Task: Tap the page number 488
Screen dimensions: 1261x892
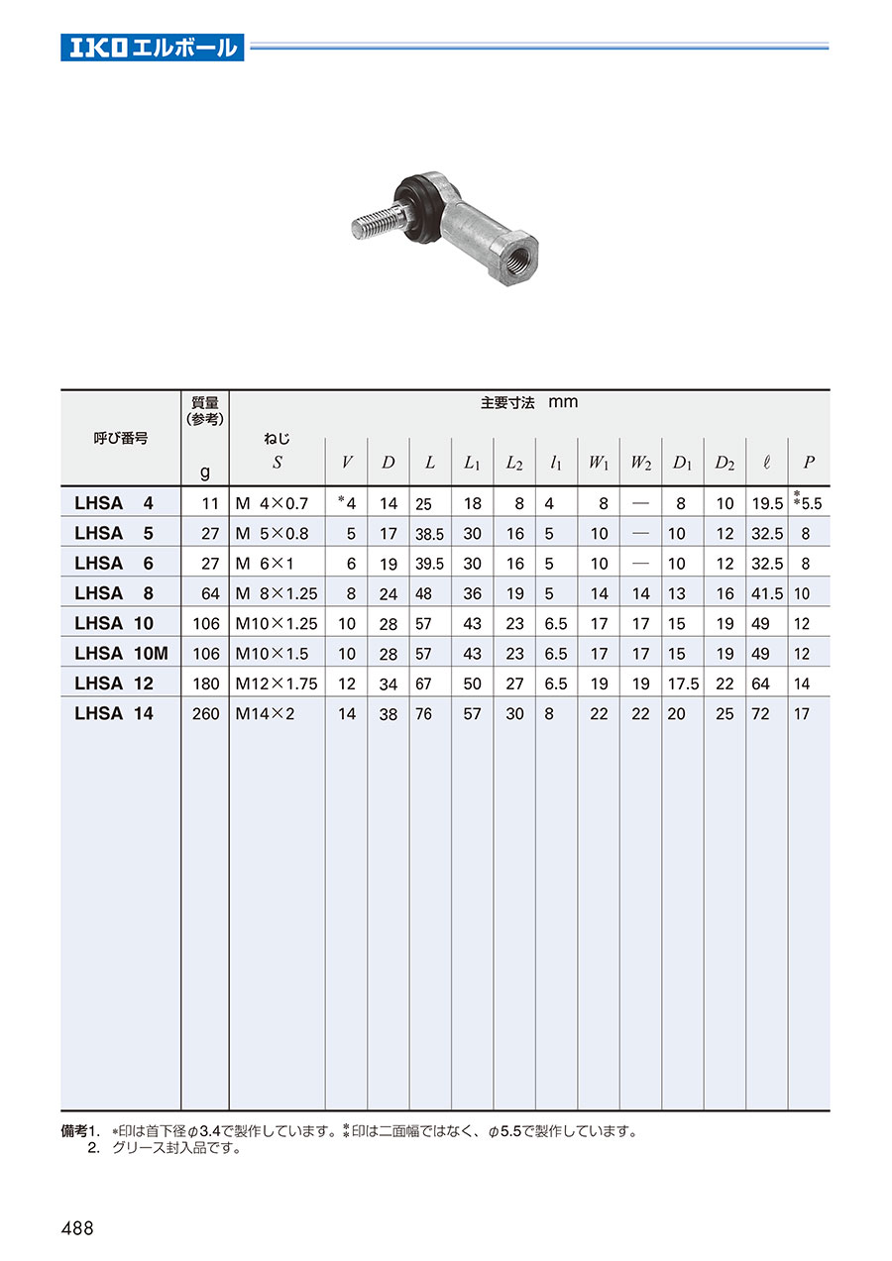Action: pos(77,1228)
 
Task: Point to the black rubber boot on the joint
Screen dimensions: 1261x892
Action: pos(415,208)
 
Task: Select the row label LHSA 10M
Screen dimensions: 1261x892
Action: pos(121,654)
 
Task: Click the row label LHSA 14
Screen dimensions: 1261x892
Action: pos(114,713)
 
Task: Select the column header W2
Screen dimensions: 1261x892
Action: pos(640,463)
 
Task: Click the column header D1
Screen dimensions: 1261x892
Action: pos(682,463)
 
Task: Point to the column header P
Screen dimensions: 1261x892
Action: pos(809,463)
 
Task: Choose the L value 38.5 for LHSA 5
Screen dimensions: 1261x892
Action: pos(429,534)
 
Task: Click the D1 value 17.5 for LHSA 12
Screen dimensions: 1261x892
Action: pos(683,683)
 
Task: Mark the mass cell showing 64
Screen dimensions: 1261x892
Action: pos(207,593)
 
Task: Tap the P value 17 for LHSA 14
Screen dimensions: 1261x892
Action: pos(801,713)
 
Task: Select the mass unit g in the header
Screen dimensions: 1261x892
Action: pos(205,473)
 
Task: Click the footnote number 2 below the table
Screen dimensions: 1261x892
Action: pos(94,1149)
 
